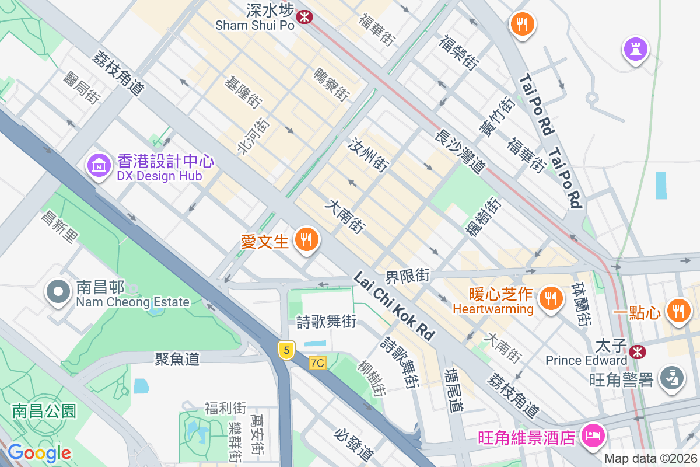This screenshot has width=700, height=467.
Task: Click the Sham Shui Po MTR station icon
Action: click(304, 16)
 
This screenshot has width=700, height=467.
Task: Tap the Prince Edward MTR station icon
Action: click(637, 351)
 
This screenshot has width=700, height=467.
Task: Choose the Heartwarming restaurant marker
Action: click(549, 298)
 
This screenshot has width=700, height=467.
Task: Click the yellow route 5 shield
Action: click(285, 350)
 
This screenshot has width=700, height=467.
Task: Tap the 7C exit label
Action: click(317, 363)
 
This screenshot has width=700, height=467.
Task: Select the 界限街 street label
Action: click(407, 275)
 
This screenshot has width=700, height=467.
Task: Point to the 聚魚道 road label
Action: click(177, 358)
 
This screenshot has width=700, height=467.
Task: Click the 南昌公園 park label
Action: click(44, 410)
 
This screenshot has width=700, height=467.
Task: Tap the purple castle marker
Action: click(636, 49)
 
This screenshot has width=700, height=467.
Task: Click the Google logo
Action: click(39, 452)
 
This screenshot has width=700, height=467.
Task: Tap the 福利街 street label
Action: click(225, 407)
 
